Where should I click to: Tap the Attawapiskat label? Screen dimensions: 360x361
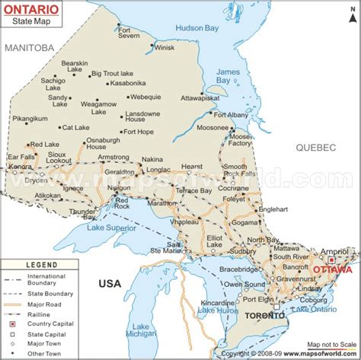click(x=201, y=98)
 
